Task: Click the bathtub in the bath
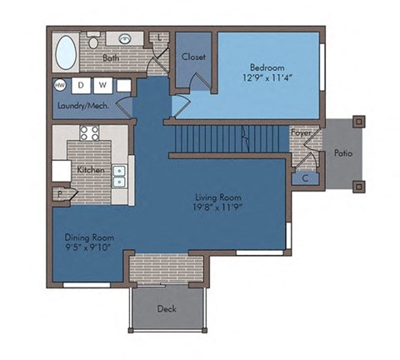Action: coord(66,55)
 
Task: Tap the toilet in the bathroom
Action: coord(94,41)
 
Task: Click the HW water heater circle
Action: coord(61,85)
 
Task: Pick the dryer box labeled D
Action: coord(82,85)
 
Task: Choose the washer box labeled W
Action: coord(102,85)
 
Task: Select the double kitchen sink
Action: coord(120,176)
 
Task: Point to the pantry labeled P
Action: coord(62,193)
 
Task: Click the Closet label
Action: coord(194,57)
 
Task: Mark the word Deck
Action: coord(166,308)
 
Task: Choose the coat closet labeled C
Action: coord(304,177)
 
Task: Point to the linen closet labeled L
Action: coord(159,38)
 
